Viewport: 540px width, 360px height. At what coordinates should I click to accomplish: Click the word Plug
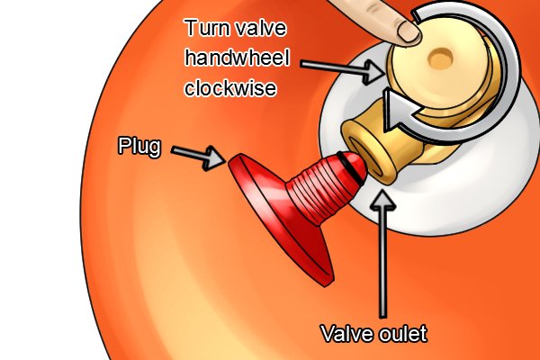[x=139, y=146]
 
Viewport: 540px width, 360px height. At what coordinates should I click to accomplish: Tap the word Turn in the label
[x=206, y=28]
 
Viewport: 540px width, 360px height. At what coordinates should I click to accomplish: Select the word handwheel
[x=237, y=58]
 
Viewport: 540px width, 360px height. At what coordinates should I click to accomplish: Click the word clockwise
[x=230, y=87]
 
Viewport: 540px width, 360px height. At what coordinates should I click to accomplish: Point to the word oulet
[x=403, y=333]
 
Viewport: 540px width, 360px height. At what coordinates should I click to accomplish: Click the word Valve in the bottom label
[x=347, y=333]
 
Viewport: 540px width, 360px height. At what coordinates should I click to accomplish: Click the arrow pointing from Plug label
[x=198, y=157]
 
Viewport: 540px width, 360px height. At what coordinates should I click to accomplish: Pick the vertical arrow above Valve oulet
[x=382, y=255]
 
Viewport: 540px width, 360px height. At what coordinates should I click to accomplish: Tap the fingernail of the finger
[x=409, y=31]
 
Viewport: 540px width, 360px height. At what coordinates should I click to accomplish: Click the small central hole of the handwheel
[x=440, y=58]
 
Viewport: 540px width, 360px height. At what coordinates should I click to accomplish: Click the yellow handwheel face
[x=437, y=69]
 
